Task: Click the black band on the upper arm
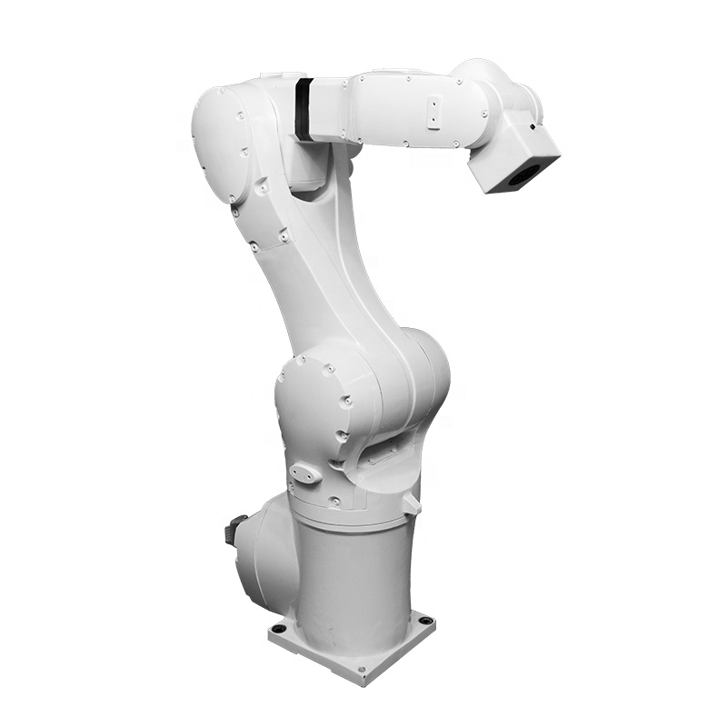coord(303,108)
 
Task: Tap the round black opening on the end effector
coord(521,174)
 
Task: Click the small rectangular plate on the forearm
coord(434,112)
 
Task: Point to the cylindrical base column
coord(350,573)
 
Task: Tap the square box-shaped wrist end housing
coord(513,159)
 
